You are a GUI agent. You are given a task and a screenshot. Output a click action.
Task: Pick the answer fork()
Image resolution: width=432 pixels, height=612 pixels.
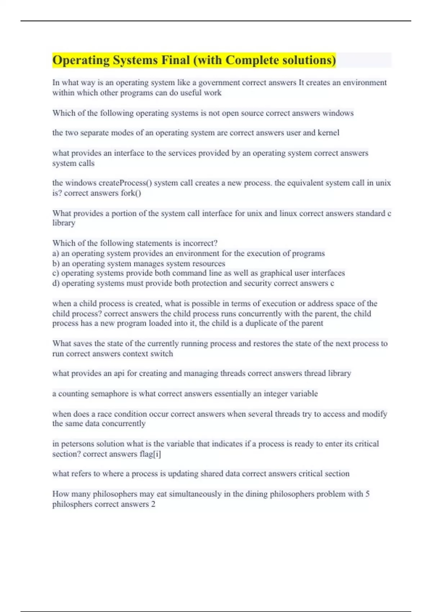[131, 193]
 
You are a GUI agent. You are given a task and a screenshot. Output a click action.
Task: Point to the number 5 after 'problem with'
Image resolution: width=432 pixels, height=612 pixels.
[368, 494]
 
